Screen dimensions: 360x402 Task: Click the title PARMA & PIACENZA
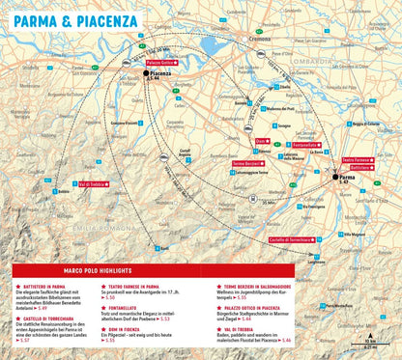pyautogui.click(x=69, y=16)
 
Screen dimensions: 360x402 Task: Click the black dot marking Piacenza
pyautogui.click(x=146, y=73)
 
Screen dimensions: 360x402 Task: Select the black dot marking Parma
pyautogui.click(x=335, y=178)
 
